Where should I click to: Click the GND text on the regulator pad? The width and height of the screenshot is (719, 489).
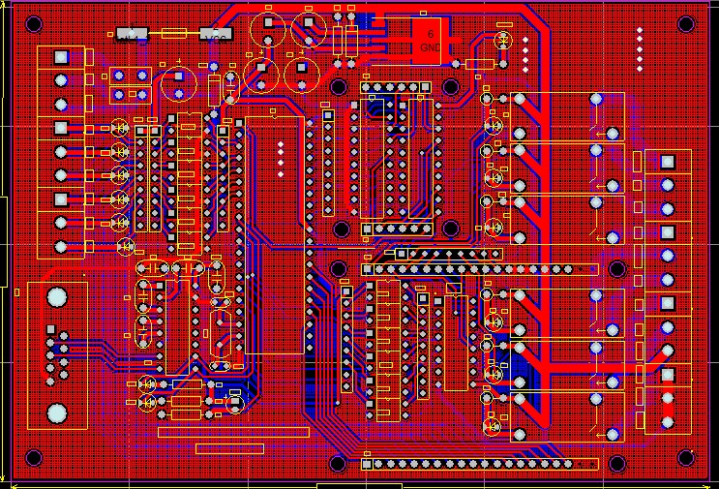point(431,46)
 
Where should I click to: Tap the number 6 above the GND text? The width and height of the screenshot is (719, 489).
point(431,34)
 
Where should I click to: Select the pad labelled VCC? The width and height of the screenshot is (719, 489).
point(216,35)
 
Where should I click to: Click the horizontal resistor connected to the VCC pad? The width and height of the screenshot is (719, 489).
point(174,34)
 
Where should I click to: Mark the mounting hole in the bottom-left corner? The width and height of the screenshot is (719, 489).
point(33,458)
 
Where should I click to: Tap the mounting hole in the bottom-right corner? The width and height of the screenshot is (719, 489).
point(686,458)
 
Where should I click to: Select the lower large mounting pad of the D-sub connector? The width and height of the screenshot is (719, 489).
point(57,413)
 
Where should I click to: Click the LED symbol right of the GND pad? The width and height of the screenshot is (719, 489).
point(502,40)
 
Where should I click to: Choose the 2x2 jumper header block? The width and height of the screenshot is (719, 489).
point(130,84)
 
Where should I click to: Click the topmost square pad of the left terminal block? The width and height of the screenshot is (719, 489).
point(61,56)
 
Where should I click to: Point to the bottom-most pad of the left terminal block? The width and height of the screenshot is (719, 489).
point(61,246)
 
